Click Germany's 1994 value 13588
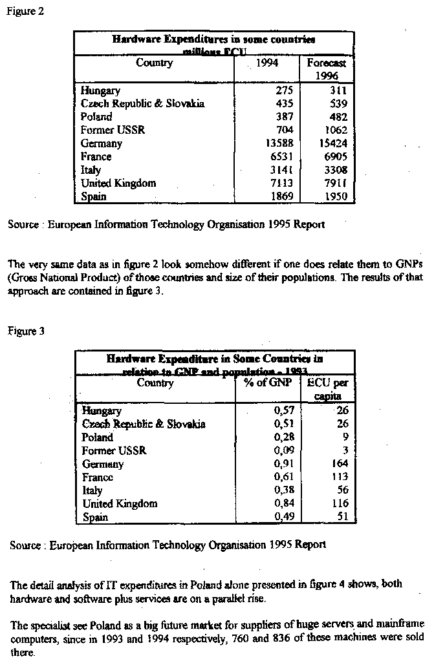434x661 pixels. coord(279,143)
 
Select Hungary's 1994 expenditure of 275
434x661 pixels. coord(284,91)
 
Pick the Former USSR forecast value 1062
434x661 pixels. coord(334,130)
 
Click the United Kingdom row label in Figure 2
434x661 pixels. coord(118,183)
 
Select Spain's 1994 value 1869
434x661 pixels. coord(281,196)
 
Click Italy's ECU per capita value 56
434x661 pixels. coord(342,490)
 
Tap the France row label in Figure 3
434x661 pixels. coord(98,477)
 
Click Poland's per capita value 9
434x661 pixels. coord(345,437)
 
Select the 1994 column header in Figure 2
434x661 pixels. coord(267,63)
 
